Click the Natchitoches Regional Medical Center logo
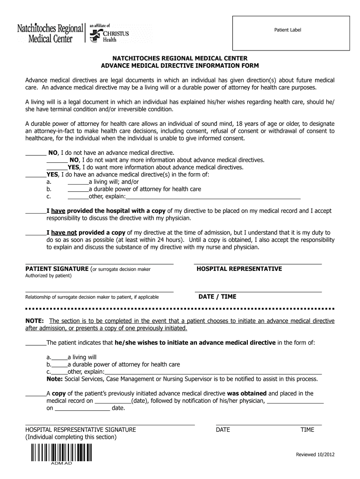[50, 33]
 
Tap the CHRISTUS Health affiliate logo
[110, 34]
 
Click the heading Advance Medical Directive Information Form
[180, 66]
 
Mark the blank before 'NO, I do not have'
[35, 152]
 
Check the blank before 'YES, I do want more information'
[57, 167]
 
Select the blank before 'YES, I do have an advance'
[35, 174]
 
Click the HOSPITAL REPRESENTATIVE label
[239, 269]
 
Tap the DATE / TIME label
[217, 297]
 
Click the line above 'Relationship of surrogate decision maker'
[99, 292]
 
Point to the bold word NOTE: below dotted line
[35, 321]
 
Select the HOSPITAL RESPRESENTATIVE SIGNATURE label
[80, 429]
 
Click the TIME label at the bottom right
[307, 429]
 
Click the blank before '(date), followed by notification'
[113, 401]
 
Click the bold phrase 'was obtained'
[246, 393]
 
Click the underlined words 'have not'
[64, 232]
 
